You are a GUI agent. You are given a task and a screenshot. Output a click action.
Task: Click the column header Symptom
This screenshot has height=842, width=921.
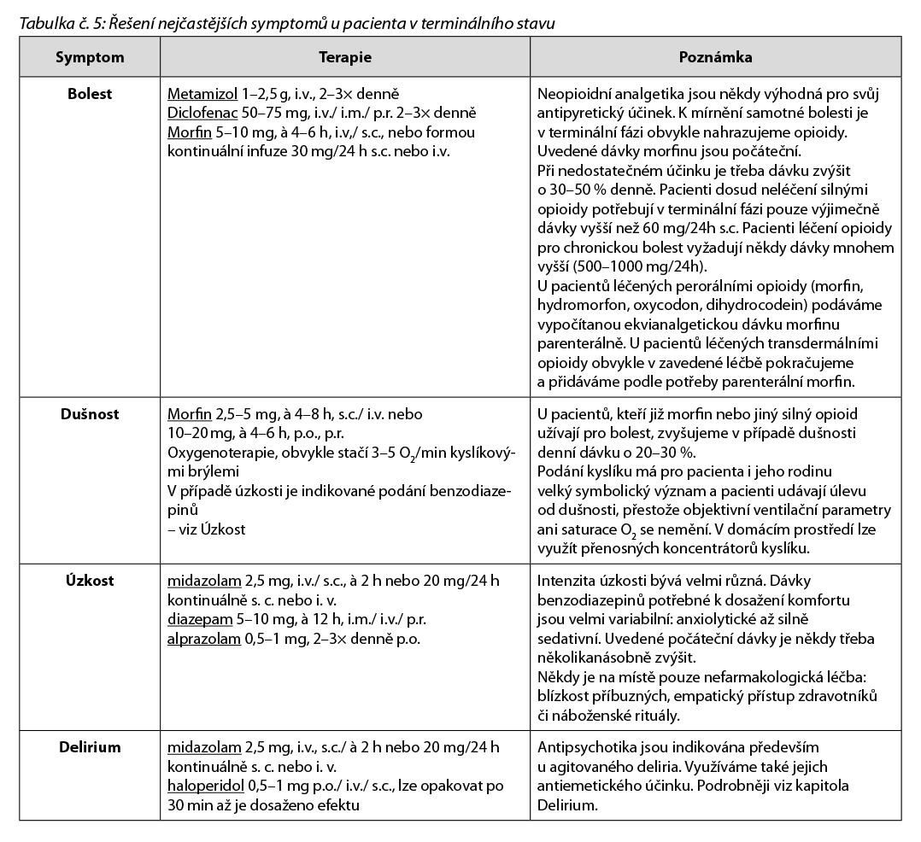click(x=90, y=58)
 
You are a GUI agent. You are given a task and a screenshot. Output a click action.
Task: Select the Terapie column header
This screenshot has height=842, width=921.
click(x=346, y=58)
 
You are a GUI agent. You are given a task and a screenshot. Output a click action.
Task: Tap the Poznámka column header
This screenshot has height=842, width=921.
click(x=715, y=58)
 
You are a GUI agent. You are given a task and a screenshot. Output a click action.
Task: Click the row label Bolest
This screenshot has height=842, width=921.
click(x=90, y=94)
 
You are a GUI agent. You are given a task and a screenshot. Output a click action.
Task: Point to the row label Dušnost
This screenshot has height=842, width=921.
click(x=90, y=414)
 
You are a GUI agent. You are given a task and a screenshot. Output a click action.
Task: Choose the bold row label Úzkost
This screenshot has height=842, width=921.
click(x=90, y=581)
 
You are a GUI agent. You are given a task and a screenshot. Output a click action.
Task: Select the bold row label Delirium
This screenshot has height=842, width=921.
click(x=90, y=747)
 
